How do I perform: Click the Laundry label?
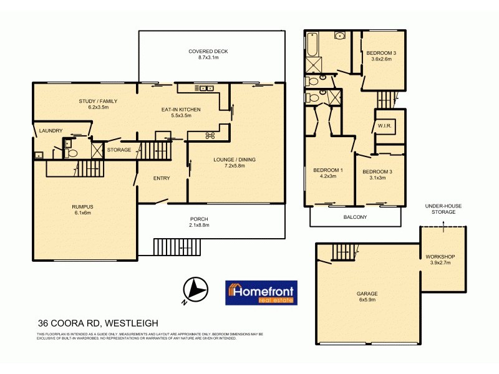tap(50, 130)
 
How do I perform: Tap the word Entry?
tap(162, 179)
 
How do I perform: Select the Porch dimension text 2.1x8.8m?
tap(199, 226)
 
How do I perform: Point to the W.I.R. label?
tap(384, 125)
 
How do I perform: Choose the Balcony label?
tap(355, 217)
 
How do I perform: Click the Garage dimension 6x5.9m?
tap(367, 300)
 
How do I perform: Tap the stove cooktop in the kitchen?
tap(210, 135)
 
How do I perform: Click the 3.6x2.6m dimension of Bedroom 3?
tap(381, 59)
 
